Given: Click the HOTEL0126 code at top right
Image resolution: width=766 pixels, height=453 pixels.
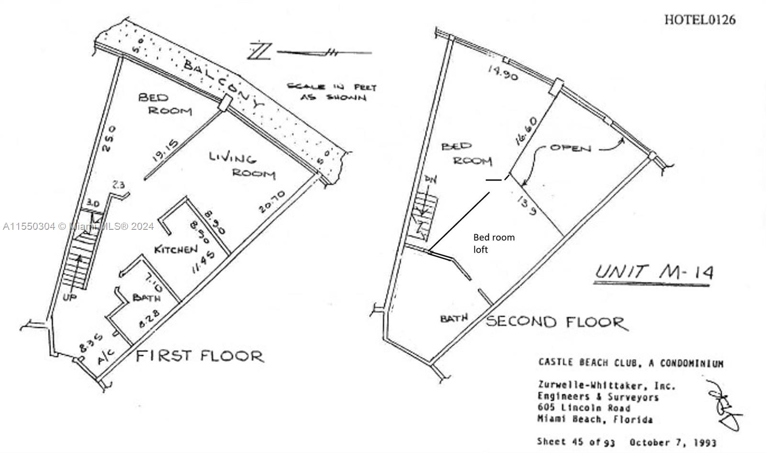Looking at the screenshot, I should tap(699, 20).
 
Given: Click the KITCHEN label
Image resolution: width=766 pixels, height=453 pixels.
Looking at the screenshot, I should tap(176, 249).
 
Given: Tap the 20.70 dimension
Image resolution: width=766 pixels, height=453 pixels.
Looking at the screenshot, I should tap(271, 202).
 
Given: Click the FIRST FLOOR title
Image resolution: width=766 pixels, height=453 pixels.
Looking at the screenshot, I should tap(200, 356).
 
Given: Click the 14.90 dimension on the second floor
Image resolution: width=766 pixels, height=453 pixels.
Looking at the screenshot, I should tap(502, 72).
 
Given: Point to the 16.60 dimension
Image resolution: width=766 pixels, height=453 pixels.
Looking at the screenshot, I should tap(523, 131).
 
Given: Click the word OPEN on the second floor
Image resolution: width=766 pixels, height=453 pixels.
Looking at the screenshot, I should tap(570, 147).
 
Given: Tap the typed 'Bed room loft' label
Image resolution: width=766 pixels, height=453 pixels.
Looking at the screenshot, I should tap(494, 243).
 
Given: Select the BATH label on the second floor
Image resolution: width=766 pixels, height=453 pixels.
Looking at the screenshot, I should tap(453, 318).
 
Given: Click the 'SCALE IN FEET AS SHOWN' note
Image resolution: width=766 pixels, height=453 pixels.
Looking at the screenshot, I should tap(332, 92).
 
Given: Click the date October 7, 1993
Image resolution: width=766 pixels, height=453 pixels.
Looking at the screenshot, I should tap(673, 442).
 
